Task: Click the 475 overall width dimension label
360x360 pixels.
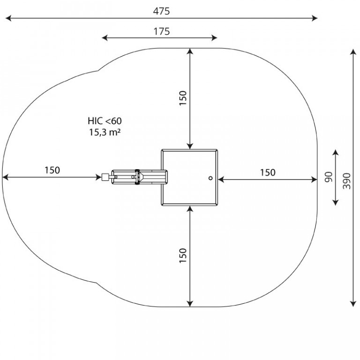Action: [161, 11]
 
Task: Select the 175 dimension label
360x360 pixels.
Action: [161, 31]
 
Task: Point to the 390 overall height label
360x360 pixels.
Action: [347, 181]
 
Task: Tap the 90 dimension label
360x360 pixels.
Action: [329, 177]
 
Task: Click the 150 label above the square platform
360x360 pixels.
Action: [183, 98]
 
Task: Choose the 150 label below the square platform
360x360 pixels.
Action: [183, 255]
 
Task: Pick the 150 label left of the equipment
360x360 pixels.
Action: [52, 170]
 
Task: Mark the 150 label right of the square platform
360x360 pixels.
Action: [268, 172]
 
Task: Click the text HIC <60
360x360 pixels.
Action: [105, 121]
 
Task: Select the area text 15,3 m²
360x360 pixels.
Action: [105, 132]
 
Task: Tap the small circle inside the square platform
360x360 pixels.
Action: [210, 178]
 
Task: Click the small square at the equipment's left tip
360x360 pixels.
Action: [105, 177]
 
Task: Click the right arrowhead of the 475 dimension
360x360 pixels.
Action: [315, 18]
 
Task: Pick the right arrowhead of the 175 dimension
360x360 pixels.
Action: [214, 37]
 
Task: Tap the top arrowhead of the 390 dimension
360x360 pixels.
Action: [353, 52]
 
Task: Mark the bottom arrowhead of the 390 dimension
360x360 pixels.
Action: [353, 304]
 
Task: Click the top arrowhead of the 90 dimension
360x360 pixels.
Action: [336, 152]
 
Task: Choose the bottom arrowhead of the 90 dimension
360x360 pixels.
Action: [336, 202]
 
